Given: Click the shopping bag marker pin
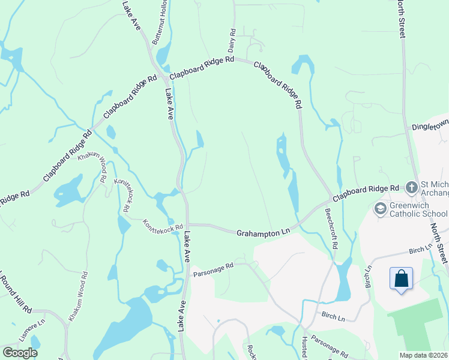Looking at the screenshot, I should (x=401, y=279).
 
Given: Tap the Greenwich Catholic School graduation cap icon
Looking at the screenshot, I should (x=379, y=208).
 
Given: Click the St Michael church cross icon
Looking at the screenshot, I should (x=411, y=188).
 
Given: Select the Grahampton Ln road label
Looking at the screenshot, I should (x=264, y=232).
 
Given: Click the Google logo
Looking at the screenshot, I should (x=20, y=352).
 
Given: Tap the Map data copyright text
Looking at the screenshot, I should (x=423, y=355).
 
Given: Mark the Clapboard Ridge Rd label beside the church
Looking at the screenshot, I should (x=366, y=193).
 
